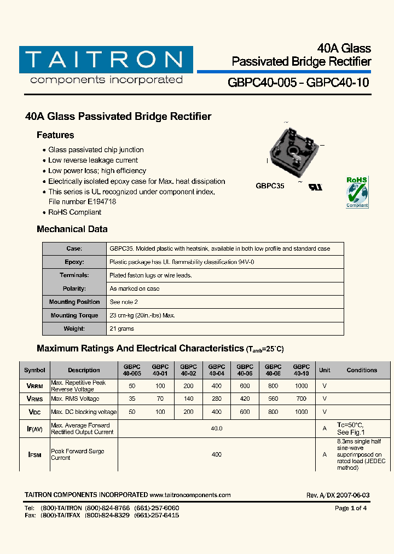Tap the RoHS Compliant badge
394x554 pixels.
click(x=357, y=192)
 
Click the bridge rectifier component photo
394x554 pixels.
click(x=292, y=151)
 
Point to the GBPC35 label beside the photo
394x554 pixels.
click(x=270, y=186)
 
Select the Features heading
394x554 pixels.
click(x=55, y=135)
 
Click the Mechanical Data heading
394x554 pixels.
click(x=72, y=229)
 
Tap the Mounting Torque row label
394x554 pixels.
click(x=74, y=315)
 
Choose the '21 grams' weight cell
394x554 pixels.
click(x=121, y=329)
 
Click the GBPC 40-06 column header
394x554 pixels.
click(x=245, y=370)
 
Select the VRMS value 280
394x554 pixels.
click(x=217, y=399)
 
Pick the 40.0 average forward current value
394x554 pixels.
click(x=217, y=429)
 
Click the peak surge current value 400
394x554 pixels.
click(x=217, y=455)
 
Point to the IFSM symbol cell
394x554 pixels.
click(x=34, y=455)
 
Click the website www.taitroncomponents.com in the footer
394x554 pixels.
click(x=190, y=495)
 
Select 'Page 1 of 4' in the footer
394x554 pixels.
click(x=351, y=508)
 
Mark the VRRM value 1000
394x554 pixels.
click(x=301, y=386)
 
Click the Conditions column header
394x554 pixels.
click(x=362, y=370)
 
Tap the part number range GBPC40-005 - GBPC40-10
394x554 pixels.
click(x=298, y=83)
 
